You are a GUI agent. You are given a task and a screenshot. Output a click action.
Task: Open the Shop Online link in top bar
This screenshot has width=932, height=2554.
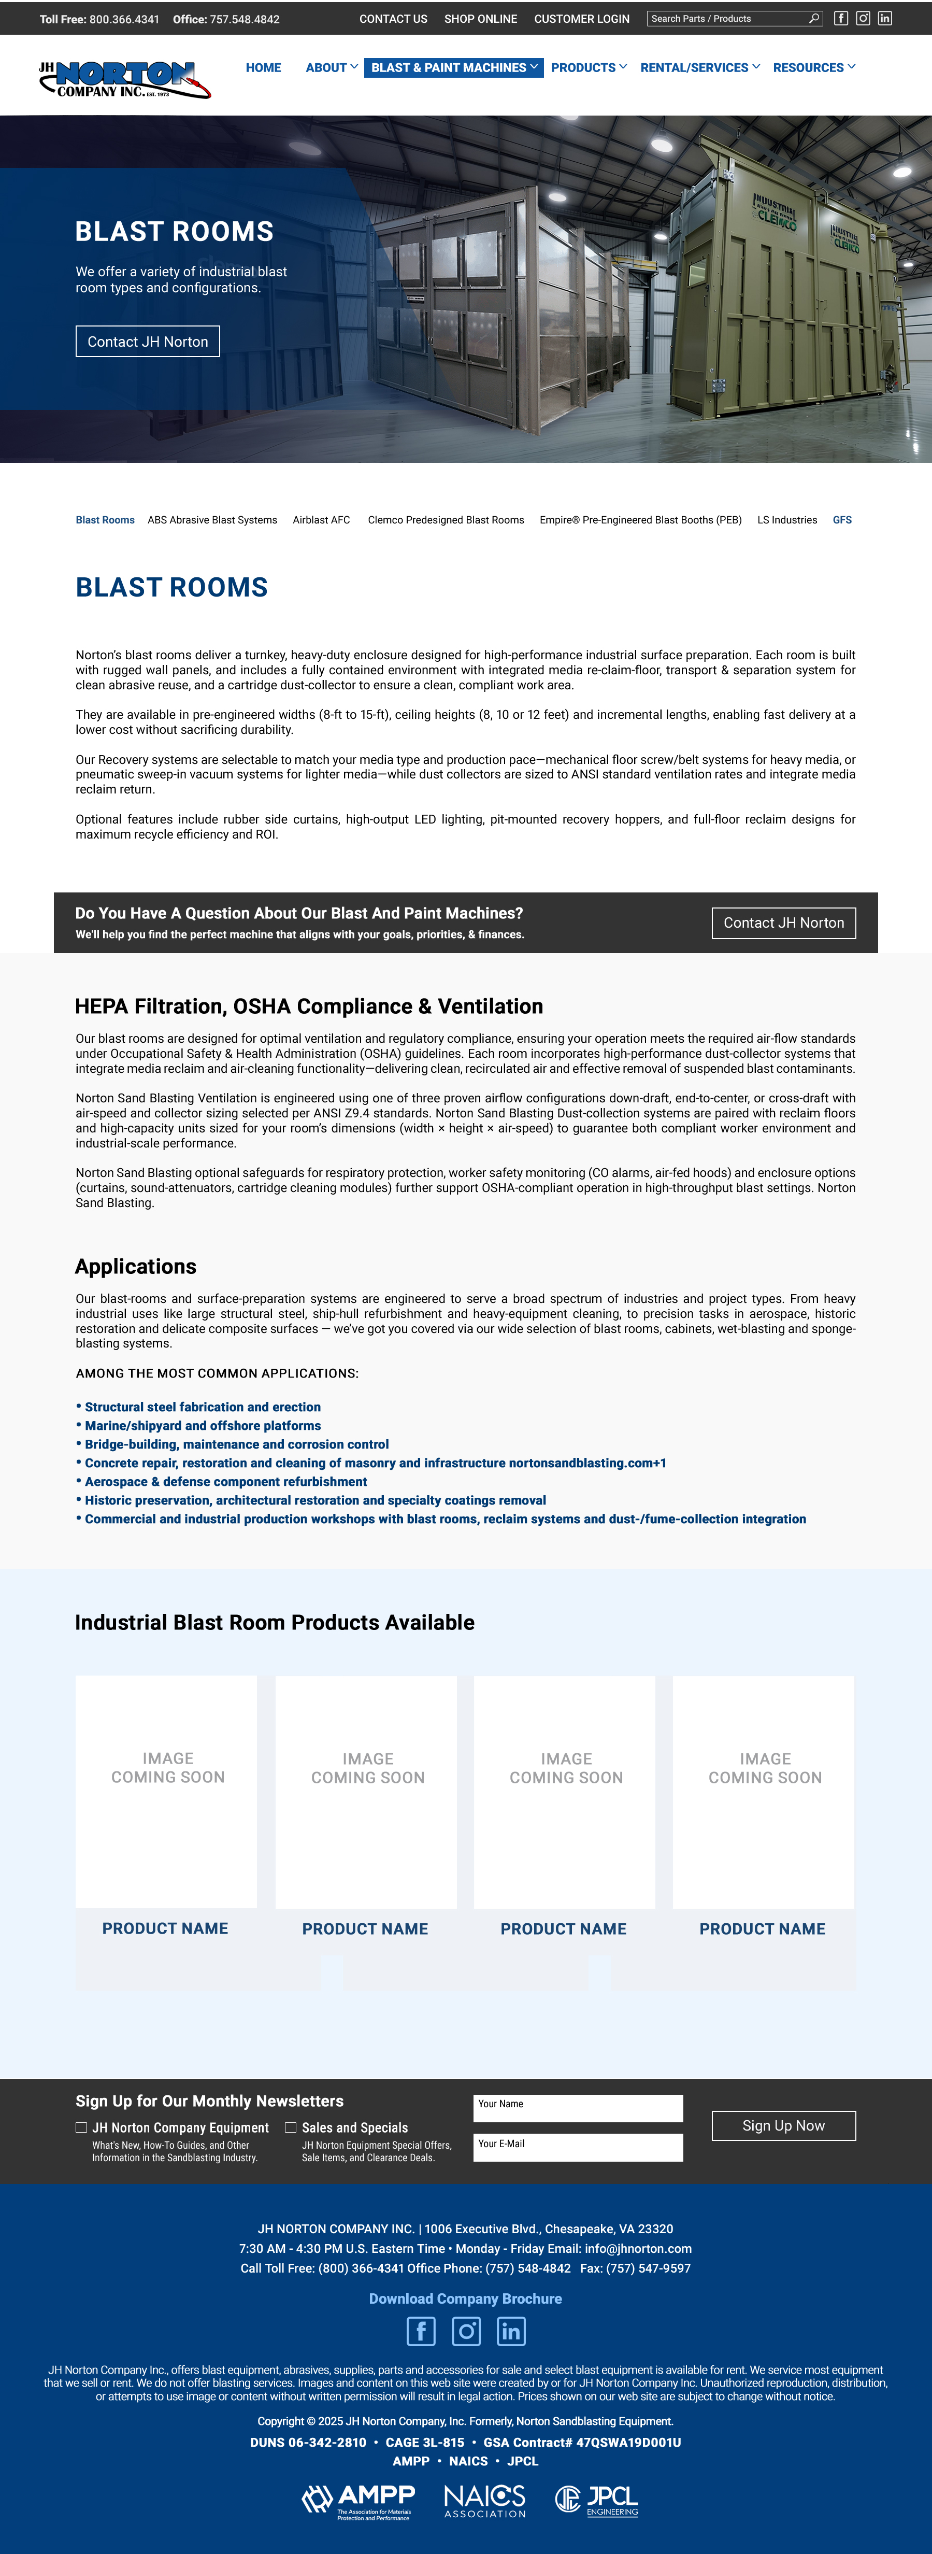[480, 19]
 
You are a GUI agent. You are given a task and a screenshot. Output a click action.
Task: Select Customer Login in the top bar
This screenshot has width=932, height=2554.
[581, 19]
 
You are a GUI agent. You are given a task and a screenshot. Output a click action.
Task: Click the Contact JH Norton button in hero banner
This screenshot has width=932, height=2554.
[148, 341]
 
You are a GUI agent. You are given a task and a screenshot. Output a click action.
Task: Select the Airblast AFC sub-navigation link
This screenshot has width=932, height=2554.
[321, 519]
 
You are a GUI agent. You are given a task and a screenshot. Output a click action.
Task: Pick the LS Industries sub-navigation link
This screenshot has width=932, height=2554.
[787, 519]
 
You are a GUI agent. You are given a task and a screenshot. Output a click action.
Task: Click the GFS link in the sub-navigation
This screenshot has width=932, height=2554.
[842, 519]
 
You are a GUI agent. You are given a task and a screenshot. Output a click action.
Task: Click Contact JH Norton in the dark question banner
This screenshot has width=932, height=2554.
[783, 923]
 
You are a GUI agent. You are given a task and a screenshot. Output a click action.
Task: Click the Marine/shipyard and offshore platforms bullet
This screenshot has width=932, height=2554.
[202, 1426]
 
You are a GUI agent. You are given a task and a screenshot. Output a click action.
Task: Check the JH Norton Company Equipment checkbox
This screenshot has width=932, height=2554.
[81, 2126]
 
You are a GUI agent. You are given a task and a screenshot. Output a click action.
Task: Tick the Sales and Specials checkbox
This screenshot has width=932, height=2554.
[291, 2126]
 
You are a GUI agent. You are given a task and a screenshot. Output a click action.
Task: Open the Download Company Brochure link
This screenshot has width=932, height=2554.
[465, 2298]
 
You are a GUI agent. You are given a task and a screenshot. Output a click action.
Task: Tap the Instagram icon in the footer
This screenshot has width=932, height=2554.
[466, 2331]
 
